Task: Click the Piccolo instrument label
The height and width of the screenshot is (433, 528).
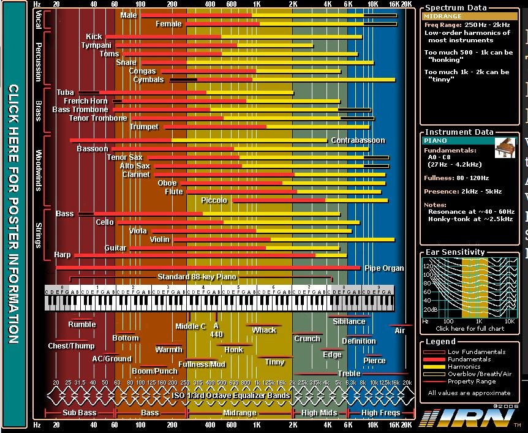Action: (214, 200)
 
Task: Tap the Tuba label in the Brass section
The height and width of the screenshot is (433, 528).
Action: (65, 92)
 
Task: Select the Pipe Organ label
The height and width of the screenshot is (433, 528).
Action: (384, 268)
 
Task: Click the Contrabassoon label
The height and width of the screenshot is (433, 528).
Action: (358, 140)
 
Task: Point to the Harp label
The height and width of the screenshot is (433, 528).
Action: (62, 255)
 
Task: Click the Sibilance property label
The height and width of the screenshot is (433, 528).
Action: (349, 321)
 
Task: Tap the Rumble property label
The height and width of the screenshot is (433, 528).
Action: (81, 325)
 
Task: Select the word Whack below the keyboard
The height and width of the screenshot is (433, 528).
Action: (264, 330)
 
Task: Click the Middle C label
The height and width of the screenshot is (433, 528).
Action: (190, 326)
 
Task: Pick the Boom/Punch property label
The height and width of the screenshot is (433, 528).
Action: (154, 371)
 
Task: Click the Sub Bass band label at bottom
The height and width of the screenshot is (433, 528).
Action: (80, 413)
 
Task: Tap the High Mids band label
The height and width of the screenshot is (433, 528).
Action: (319, 413)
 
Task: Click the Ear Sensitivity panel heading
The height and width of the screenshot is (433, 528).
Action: (454, 252)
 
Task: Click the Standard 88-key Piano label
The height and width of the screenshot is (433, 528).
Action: (196, 277)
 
